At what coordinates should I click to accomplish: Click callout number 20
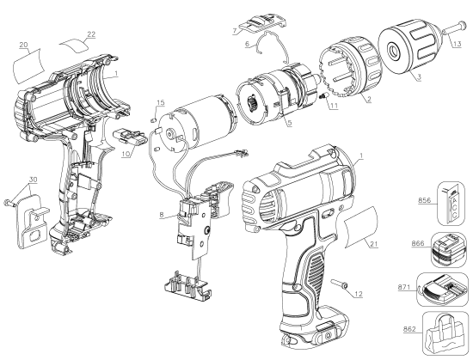23,44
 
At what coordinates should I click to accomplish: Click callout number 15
159,104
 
